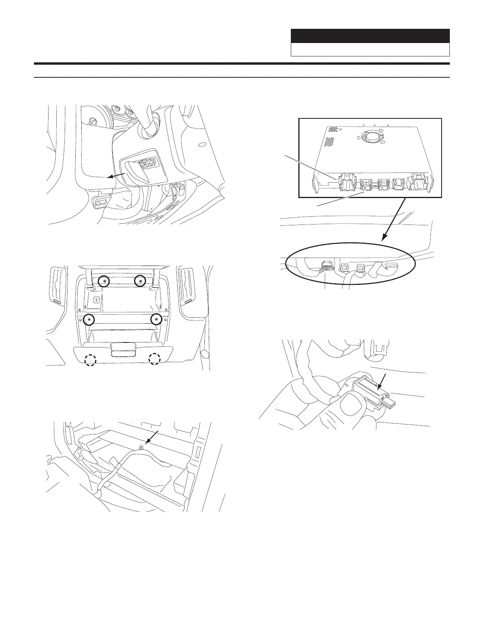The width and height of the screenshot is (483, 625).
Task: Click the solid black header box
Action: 370,36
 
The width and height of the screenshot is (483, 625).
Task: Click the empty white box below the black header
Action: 370,50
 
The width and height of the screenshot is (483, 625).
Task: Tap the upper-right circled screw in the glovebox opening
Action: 140,281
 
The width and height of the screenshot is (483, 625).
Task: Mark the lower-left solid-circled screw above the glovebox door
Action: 90,319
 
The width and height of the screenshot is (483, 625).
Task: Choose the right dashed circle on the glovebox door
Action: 155,359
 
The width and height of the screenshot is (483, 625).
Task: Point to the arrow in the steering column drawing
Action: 118,176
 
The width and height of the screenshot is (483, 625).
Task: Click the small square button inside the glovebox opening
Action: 95,299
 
